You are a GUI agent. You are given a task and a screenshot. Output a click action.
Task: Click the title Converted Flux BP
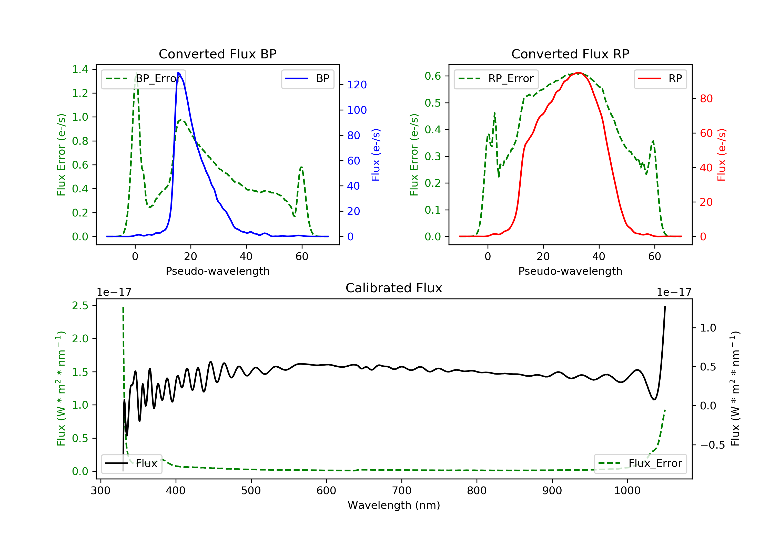218,54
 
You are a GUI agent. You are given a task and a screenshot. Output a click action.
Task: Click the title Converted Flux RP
570,54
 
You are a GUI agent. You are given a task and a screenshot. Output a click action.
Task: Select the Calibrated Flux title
394,288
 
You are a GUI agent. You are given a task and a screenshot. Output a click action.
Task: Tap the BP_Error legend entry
143,79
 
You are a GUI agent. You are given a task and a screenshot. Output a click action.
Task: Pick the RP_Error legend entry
496,79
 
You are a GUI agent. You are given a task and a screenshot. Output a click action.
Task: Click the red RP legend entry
660,79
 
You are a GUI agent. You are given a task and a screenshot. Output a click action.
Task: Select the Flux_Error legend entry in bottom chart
640,463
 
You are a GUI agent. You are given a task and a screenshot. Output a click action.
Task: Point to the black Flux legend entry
131,463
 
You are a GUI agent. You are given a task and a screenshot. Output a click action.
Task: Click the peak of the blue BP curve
178,73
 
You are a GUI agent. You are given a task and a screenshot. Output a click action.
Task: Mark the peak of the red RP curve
579,73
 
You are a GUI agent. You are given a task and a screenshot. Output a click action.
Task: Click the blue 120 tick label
357,85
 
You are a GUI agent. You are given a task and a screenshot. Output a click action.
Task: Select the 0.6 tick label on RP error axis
433,76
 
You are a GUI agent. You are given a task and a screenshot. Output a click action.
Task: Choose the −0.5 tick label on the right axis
712,445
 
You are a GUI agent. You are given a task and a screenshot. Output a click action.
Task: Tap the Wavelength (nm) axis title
394,505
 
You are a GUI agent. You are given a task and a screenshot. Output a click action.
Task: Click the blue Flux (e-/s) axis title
376,155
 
